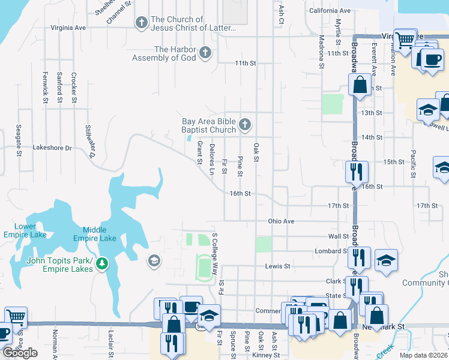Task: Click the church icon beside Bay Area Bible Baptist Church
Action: pyautogui.click(x=244, y=125)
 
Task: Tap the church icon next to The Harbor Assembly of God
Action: pyautogui.click(x=205, y=53)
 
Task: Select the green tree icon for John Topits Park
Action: pyautogui.click(x=102, y=263)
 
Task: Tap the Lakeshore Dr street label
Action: pyautogui.click(x=52, y=147)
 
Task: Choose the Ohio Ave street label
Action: pyautogui.click(x=281, y=221)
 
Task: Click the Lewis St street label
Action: pyautogui.click(x=278, y=266)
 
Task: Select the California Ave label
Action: pyautogui.click(x=330, y=11)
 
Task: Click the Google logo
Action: pyautogui.click(x=20, y=353)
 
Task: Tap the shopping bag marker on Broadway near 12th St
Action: pyautogui.click(x=360, y=85)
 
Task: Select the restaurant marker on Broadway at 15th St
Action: pyautogui.click(x=356, y=170)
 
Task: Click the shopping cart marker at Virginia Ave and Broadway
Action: pyautogui.click(x=405, y=40)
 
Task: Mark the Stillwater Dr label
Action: pyautogui.click(x=90, y=142)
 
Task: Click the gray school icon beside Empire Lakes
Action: pyautogui.click(x=154, y=260)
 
